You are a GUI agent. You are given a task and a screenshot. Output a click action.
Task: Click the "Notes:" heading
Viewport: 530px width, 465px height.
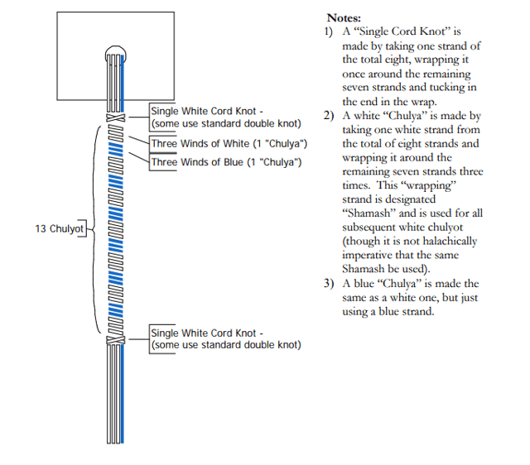(344, 18)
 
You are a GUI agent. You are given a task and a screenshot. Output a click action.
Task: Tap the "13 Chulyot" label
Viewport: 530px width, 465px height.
(59, 228)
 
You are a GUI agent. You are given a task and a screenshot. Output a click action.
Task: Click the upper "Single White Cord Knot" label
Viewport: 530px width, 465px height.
(204, 111)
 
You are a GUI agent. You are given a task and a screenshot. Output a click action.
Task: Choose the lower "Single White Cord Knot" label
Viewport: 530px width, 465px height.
(204, 333)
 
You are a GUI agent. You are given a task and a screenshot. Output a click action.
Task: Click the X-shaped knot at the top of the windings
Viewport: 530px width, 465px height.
(116, 117)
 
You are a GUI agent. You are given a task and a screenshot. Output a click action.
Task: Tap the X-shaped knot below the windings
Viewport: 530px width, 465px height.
(116, 340)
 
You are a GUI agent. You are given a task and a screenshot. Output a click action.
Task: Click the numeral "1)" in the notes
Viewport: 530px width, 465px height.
(329, 31)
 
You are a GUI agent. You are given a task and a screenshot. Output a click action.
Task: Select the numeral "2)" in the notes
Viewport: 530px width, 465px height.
(329, 116)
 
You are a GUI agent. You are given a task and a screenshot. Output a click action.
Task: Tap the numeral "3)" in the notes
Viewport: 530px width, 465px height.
(329, 283)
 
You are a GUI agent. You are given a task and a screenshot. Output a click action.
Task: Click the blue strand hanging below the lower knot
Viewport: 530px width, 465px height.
(123, 393)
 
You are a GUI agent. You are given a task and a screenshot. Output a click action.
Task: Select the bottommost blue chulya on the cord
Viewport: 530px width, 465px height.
(116, 310)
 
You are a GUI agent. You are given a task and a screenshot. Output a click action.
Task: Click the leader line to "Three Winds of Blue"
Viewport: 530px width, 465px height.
(139, 158)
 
